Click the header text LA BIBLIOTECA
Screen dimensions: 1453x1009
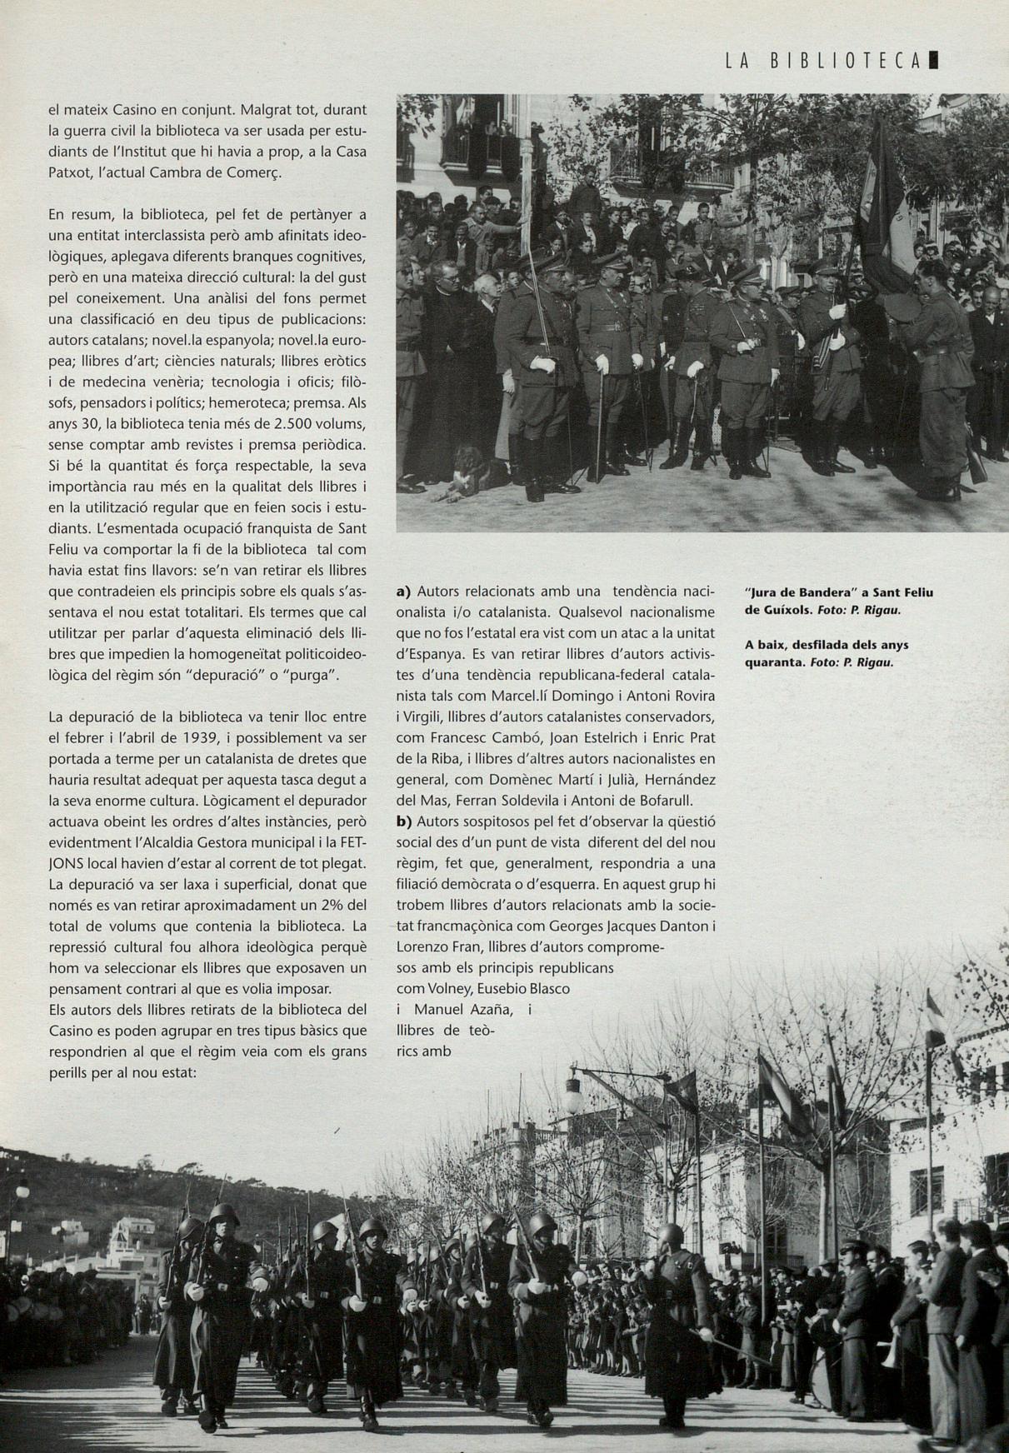point(822,61)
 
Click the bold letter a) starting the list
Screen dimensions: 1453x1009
point(404,592)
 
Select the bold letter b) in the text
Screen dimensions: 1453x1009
point(404,821)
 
